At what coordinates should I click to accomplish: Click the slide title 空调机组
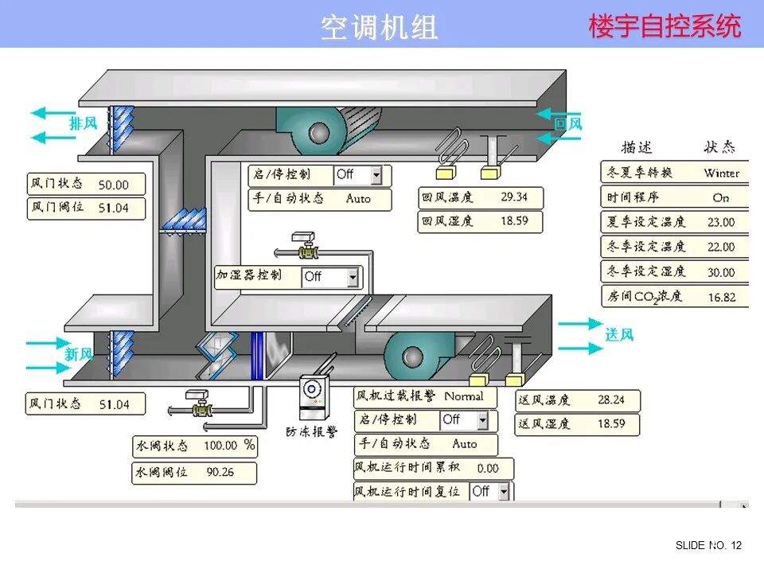tap(380, 27)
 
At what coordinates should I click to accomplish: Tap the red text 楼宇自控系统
tap(665, 26)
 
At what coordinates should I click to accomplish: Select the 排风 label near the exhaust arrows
tap(83, 123)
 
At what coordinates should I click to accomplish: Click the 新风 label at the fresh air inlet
tap(79, 353)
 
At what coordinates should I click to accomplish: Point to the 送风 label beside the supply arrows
tap(619, 334)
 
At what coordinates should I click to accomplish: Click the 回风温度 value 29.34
tap(514, 197)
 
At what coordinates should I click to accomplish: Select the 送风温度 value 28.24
tap(611, 400)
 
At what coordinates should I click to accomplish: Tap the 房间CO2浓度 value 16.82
tap(721, 297)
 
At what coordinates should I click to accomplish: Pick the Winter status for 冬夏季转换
tap(721, 173)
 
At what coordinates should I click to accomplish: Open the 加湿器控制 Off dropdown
tap(353, 277)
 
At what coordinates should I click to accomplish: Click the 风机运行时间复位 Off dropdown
tap(503, 492)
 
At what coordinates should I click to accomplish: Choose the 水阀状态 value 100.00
tap(220, 446)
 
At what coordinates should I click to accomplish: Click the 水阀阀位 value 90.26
tap(220, 471)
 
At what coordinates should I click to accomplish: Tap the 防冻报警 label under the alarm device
tap(312, 431)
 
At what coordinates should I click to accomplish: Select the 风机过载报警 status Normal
tap(464, 396)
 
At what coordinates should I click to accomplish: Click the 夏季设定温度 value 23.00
tap(721, 222)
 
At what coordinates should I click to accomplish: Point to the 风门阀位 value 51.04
tap(112, 209)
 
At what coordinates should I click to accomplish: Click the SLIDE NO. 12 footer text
tap(708, 545)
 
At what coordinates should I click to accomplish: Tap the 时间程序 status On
tap(721, 197)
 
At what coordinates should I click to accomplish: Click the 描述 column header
tap(637, 147)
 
